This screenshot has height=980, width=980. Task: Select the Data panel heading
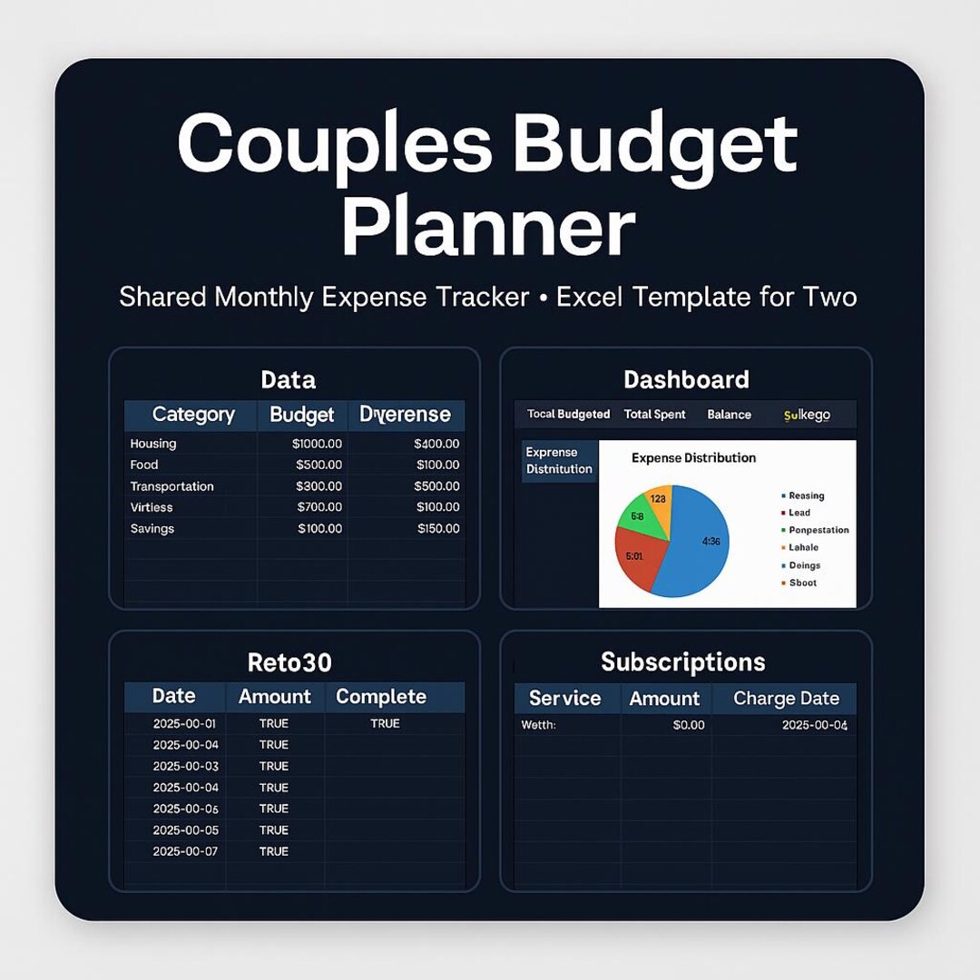tap(288, 379)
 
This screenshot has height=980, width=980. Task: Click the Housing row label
tap(153, 444)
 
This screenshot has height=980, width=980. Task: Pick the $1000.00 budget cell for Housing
tap(317, 444)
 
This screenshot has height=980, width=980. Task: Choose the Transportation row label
tap(172, 486)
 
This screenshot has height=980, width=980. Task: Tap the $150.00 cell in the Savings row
tap(438, 529)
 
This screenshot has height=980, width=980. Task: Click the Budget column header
tap(301, 416)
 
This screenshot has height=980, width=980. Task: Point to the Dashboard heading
tap(686, 379)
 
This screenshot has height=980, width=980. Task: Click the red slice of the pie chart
tap(638, 558)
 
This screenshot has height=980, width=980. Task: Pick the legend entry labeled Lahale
tap(803, 548)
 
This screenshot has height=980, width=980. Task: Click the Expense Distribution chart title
tap(693, 458)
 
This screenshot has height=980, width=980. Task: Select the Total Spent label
tap(654, 415)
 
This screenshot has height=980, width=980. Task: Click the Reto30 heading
tap(289, 662)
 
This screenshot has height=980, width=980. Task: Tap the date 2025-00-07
tap(185, 852)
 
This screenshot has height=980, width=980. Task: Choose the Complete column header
tap(381, 697)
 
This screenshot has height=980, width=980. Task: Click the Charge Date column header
tap(786, 699)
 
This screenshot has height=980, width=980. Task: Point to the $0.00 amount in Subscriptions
tap(688, 725)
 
